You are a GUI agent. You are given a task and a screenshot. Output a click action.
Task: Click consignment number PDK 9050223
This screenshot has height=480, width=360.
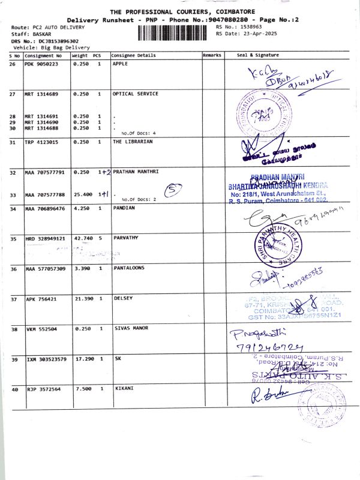coord(41,64)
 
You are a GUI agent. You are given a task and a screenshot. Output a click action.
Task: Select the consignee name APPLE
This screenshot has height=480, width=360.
coord(120,64)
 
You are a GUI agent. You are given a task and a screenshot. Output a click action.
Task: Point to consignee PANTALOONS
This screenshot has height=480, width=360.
coord(130,268)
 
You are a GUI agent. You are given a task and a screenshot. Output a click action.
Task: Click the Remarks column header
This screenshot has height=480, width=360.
coord(212,55)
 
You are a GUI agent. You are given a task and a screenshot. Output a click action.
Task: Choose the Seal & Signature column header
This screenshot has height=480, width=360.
coord(258,55)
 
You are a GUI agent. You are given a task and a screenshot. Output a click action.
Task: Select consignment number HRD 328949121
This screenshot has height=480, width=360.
coord(45,238)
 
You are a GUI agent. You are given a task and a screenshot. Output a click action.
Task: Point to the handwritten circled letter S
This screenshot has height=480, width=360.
coord(173,191)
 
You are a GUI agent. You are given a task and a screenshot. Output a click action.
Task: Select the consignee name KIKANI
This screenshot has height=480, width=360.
coord(124,389)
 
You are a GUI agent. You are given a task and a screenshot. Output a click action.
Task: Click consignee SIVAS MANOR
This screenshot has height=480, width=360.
coord(130,329)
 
